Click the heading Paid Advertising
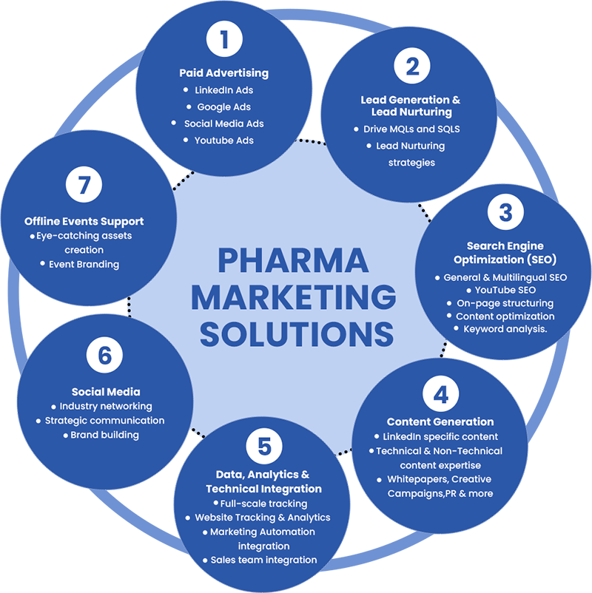223,73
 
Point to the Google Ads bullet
223,106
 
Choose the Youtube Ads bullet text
223,140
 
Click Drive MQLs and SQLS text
411,129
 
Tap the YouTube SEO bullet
505,290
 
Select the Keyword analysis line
505,329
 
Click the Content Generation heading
440,422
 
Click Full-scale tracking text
264,504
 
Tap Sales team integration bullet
263,560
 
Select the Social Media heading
106,392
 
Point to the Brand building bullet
105,435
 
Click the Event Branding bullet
84,264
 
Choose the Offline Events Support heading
84,221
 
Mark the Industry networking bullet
106,406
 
